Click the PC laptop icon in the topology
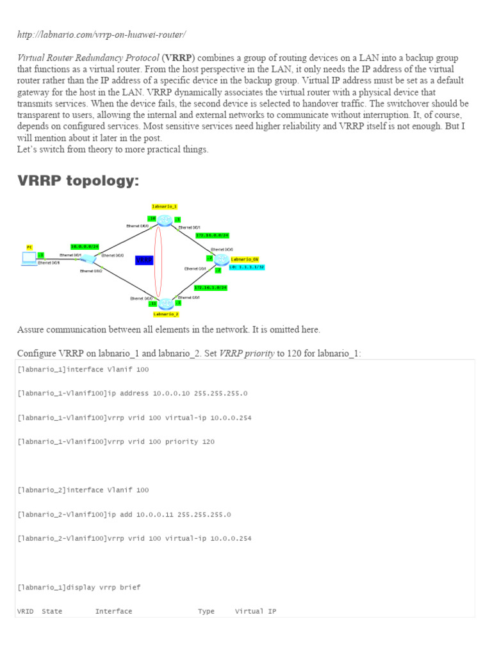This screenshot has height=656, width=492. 29,258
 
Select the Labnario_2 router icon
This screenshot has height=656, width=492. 166,304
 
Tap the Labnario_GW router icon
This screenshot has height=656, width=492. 221,259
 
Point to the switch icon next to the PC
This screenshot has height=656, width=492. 89,259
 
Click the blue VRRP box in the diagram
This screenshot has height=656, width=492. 144,260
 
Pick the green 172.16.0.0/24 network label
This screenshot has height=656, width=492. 212,236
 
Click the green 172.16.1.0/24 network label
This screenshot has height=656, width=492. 211,288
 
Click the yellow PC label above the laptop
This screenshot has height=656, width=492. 29,247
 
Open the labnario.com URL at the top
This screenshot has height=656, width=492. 101,34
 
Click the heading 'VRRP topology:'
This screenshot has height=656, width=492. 78,181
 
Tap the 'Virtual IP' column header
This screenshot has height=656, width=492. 256,612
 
